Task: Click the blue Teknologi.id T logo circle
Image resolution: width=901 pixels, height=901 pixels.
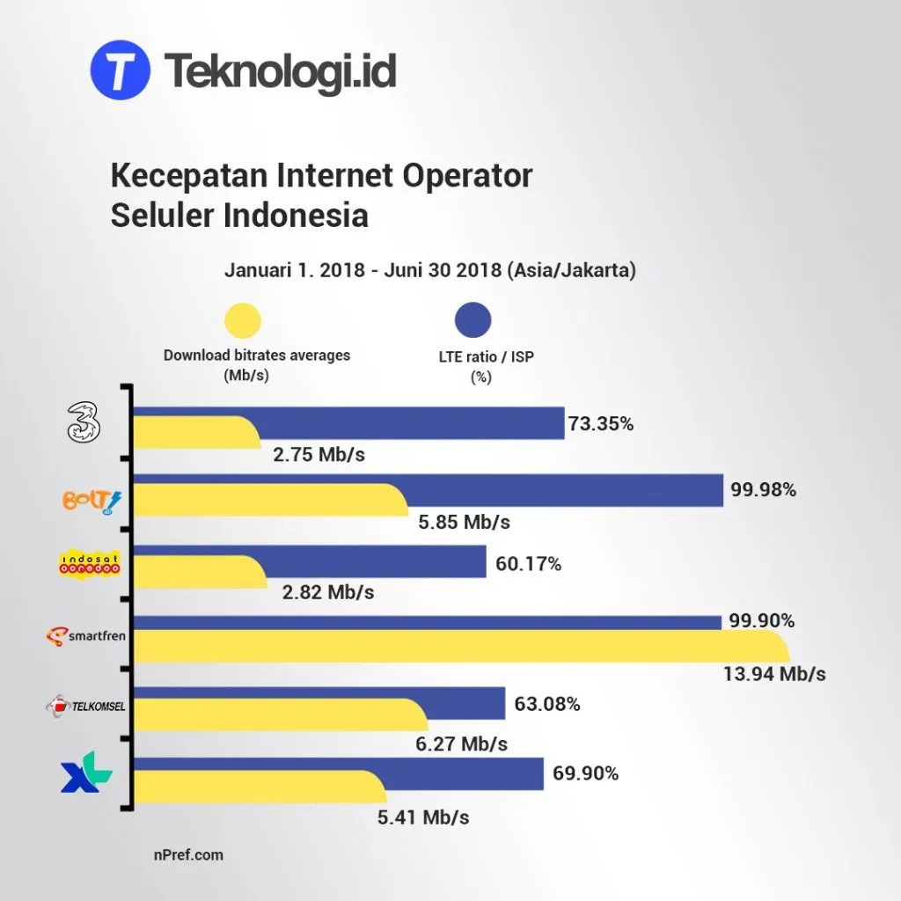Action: [x=121, y=70]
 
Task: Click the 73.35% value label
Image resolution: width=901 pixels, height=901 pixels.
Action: [x=601, y=423]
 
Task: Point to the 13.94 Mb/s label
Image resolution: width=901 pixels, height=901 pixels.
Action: [x=775, y=674]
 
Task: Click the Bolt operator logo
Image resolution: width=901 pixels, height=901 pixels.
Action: [x=91, y=501]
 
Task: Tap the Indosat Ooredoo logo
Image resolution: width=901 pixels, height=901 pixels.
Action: [x=88, y=563]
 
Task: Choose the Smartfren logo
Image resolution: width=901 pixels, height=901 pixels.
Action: [x=87, y=636]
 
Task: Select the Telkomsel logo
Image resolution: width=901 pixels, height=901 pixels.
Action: [x=87, y=705]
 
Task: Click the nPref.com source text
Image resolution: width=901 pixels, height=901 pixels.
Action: [x=187, y=853]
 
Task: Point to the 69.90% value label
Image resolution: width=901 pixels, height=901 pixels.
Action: [x=586, y=774]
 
